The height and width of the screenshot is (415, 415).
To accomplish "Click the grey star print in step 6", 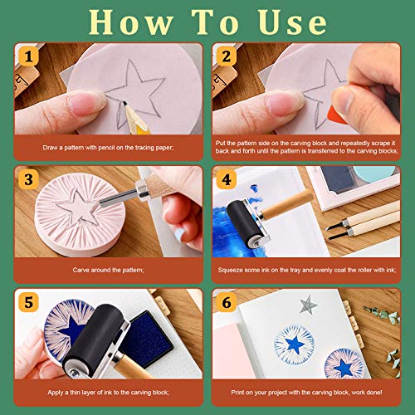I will [x=308, y=304].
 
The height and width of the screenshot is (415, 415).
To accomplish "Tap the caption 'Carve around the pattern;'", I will [x=104, y=269].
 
